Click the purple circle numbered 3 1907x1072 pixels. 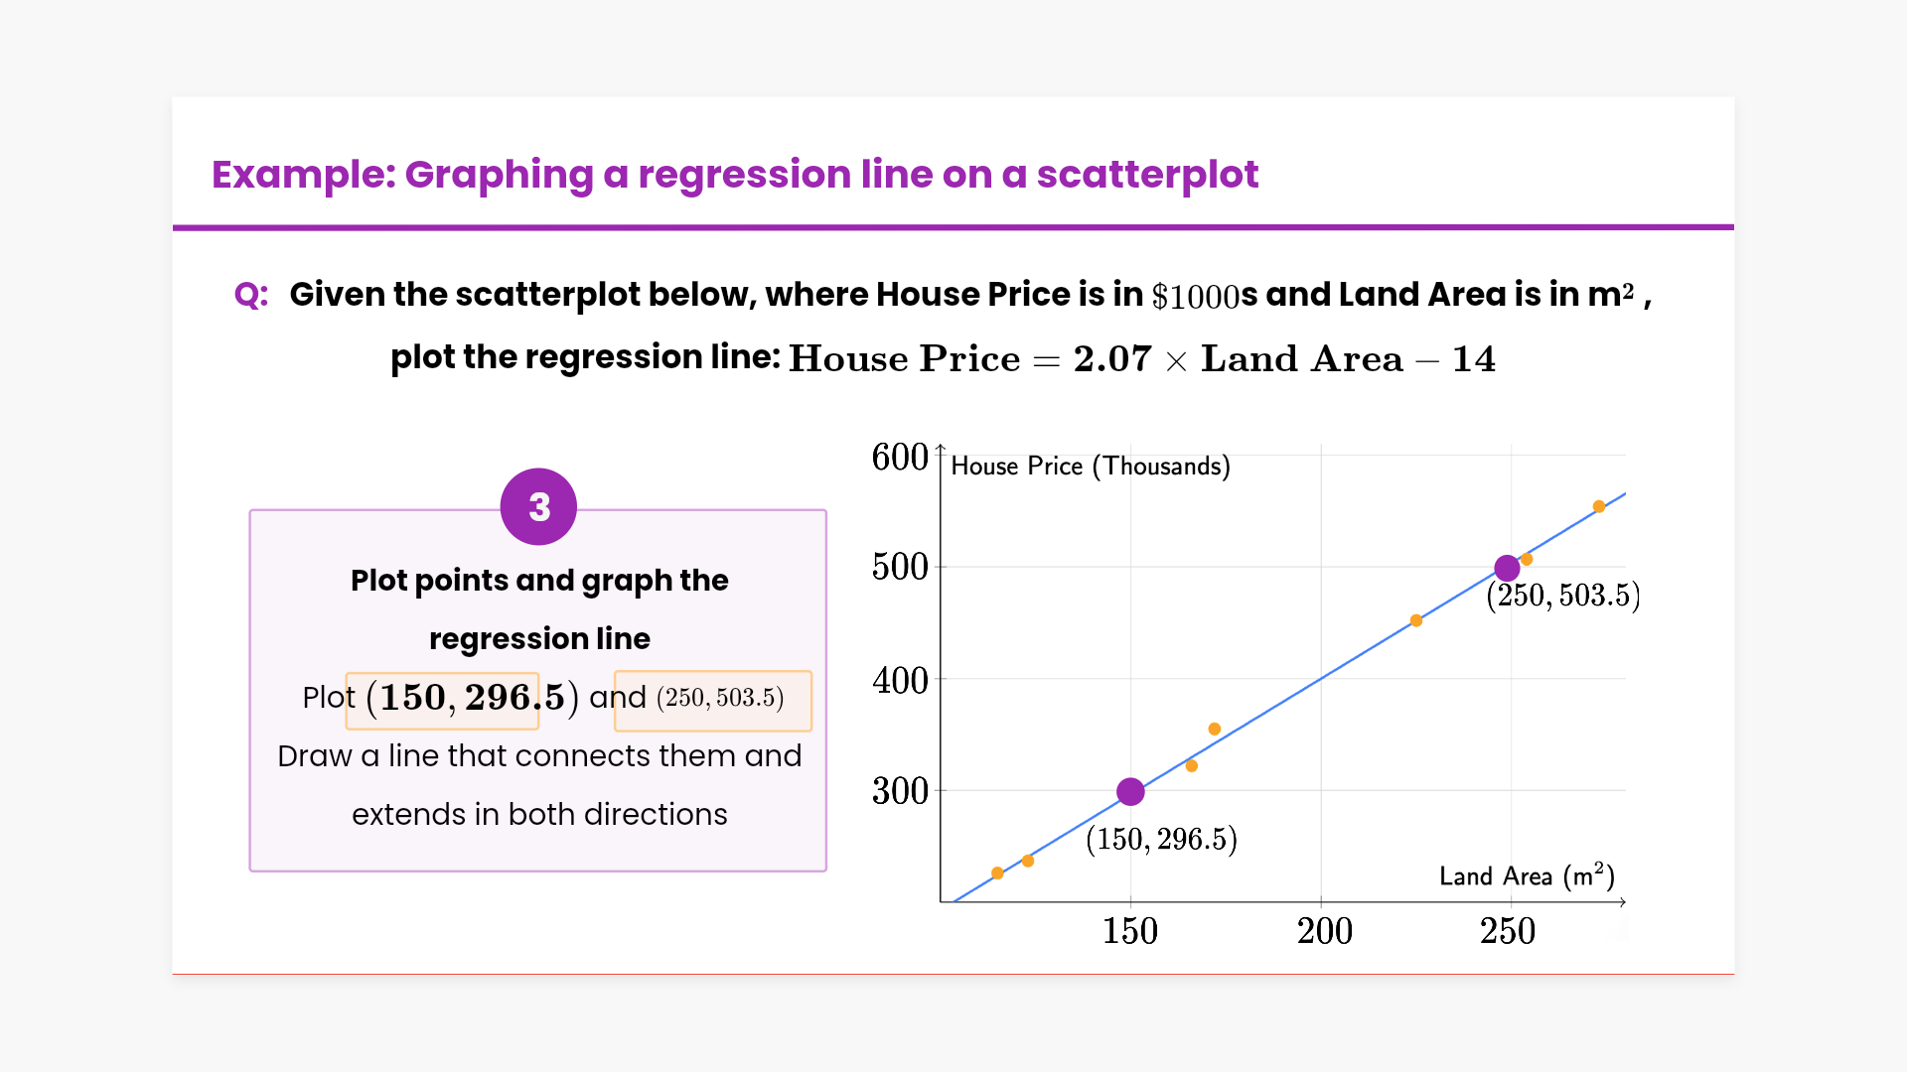(538, 507)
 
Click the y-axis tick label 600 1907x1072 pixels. (900, 458)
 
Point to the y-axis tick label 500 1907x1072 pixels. (900, 567)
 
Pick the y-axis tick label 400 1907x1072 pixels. (900, 681)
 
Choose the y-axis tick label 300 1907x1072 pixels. (900, 791)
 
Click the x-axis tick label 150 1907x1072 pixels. (1130, 931)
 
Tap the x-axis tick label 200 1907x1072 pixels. (1324, 931)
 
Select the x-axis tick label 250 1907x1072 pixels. (1508, 931)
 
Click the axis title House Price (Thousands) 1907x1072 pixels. (1091, 467)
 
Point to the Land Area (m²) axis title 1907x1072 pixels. (1527, 875)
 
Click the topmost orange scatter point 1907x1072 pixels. (1599, 507)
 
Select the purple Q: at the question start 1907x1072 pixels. (251, 295)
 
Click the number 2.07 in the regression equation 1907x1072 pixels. (1112, 358)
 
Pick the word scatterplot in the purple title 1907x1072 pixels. (1147, 175)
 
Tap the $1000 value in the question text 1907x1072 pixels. (1195, 296)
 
